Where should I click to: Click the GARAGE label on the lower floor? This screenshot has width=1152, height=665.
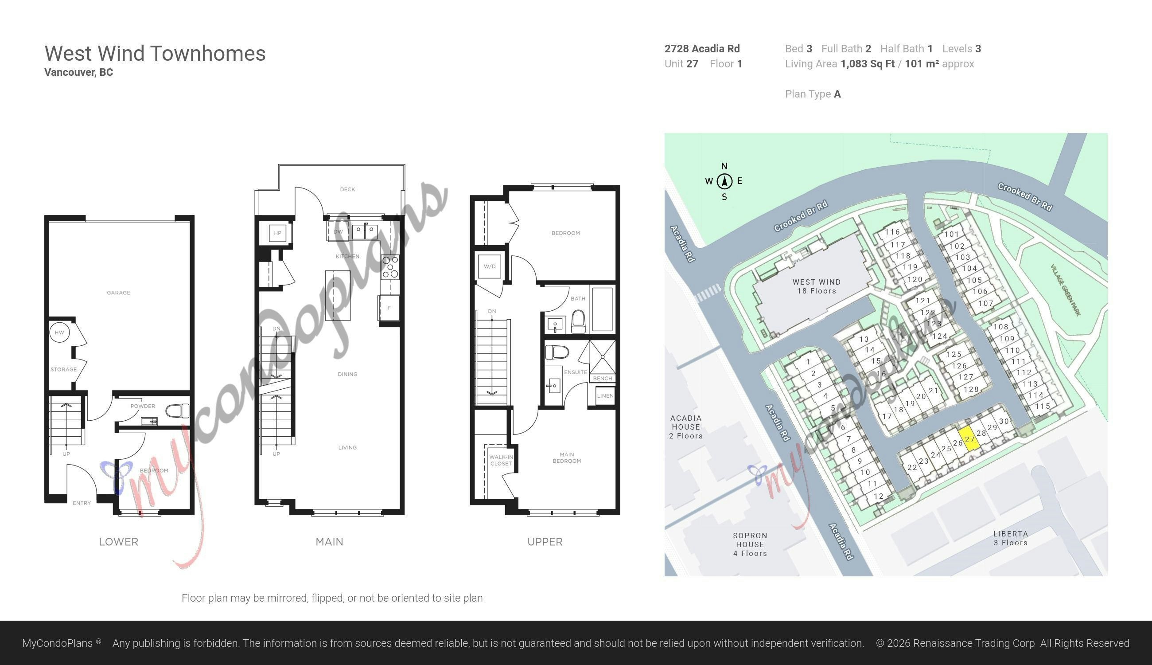click(x=119, y=293)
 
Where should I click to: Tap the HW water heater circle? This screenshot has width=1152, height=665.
click(x=60, y=332)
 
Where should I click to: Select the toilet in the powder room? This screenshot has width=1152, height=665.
click(x=178, y=411)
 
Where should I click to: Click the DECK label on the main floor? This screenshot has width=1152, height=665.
click(x=347, y=189)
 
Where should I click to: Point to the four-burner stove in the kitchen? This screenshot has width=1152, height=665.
click(x=390, y=267)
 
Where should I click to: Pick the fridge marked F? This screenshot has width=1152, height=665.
click(x=389, y=308)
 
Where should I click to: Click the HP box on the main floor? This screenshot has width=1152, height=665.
click(x=277, y=233)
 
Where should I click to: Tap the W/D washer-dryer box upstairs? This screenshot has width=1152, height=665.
click(x=490, y=266)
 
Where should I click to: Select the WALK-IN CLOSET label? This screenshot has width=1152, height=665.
click(x=501, y=460)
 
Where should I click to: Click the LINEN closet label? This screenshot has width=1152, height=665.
click(x=605, y=395)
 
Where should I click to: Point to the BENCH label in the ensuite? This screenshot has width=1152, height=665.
click(x=603, y=378)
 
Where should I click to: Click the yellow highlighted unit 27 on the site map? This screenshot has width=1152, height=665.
click(x=969, y=439)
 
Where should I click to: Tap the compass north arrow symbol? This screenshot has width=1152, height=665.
click(x=724, y=181)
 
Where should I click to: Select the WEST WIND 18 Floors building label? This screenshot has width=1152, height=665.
click(x=817, y=286)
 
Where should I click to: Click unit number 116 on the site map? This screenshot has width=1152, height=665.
click(x=892, y=232)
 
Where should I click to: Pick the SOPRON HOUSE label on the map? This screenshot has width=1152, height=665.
click(x=750, y=540)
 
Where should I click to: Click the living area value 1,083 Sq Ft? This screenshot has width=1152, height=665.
click(x=867, y=64)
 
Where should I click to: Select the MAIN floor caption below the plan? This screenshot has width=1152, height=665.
click(x=330, y=542)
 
